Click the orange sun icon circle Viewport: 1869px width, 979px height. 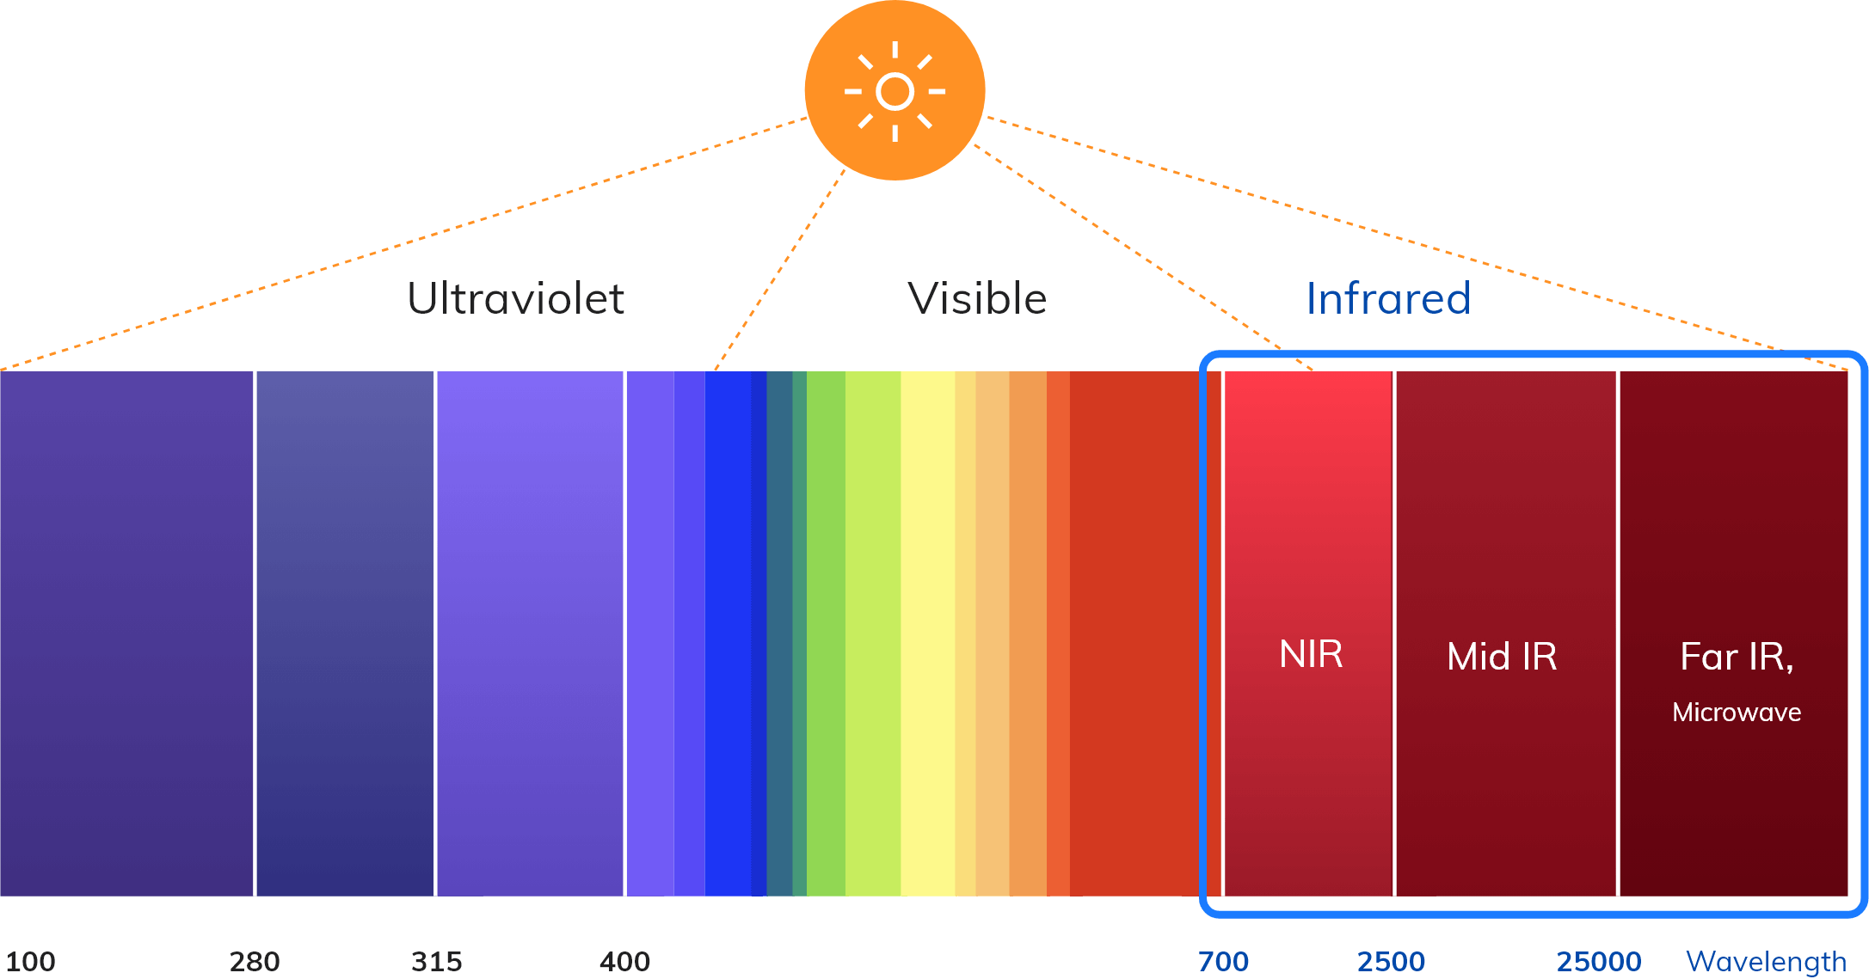[x=895, y=90]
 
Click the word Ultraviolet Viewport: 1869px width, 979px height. [x=515, y=298]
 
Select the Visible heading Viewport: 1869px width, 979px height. [x=977, y=298]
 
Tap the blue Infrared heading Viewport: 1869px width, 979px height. [x=1388, y=298]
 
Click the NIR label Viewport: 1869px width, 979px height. [x=1311, y=654]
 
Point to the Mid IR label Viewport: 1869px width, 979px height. [x=1502, y=657]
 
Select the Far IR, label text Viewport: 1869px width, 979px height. [x=1737, y=658]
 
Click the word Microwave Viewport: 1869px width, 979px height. [x=1737, y=713]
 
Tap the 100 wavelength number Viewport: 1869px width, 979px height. [x=30, y=961]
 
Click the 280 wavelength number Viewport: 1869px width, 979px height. [x=255, y=961]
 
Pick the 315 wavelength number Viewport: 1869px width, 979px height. [x=437, y=961]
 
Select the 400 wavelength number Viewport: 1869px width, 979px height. [x=625, y=961]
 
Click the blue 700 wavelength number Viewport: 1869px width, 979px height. [x=1223, y=961]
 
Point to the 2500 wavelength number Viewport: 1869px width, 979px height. [x=1391, y=961]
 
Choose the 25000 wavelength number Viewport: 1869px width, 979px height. [x=1599, y=961]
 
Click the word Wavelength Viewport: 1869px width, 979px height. [x=1767, y=962]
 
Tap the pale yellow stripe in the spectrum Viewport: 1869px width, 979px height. [x=927, y=633]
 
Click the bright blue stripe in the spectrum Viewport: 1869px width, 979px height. [x=728, y=633]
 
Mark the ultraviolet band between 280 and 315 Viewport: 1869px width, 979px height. [x=345, y=633]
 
